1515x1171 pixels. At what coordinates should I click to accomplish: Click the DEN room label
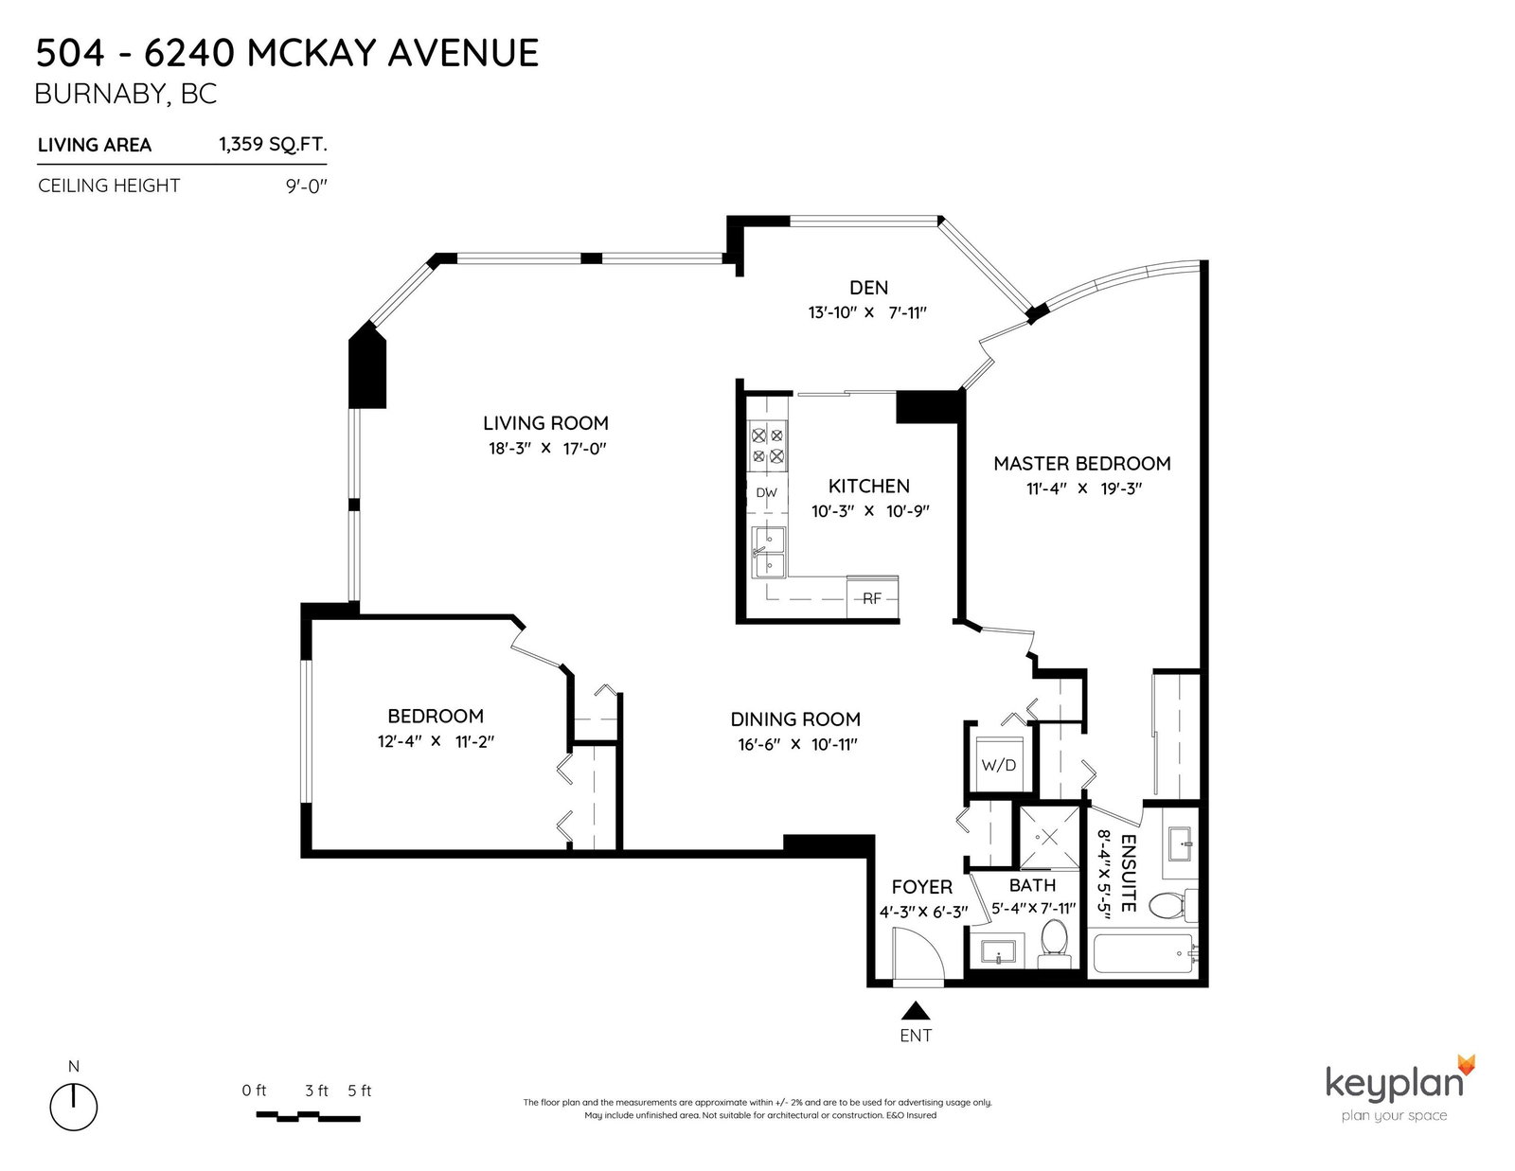point(868,287)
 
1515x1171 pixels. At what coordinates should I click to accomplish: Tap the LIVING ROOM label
point(546,423)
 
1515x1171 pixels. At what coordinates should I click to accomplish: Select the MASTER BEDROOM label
point(1082,464)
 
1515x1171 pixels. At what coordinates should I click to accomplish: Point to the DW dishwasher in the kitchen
point(767,493)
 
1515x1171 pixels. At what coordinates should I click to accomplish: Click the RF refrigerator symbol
point(872,598)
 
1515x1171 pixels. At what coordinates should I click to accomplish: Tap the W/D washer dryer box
point(998,765)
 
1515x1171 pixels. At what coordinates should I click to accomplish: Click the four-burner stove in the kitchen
point(768,447)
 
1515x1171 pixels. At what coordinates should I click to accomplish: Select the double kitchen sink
point(769,552)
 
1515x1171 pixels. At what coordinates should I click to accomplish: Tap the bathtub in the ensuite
point(1144,954)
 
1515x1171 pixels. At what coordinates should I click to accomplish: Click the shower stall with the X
point(1048,837)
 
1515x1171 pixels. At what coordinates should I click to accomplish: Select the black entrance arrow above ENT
point(916,1011)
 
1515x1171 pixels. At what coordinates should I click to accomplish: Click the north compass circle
point(73,1107)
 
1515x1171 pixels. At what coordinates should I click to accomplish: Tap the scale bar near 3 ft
point(308,1117)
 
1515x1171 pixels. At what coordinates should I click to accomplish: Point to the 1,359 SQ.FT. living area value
point(273,144)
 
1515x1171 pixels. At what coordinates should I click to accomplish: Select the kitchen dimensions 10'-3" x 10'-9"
point(870,511)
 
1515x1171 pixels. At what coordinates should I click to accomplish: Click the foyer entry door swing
point(918,956)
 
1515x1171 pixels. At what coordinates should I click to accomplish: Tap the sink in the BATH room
point(998,951)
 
